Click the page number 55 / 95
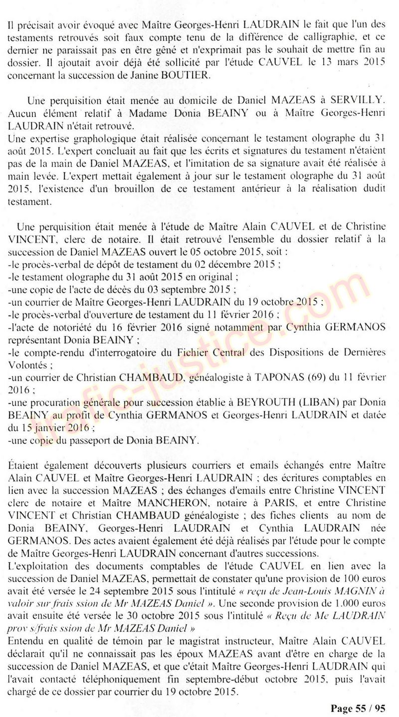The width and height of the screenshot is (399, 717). coord(358,708)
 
